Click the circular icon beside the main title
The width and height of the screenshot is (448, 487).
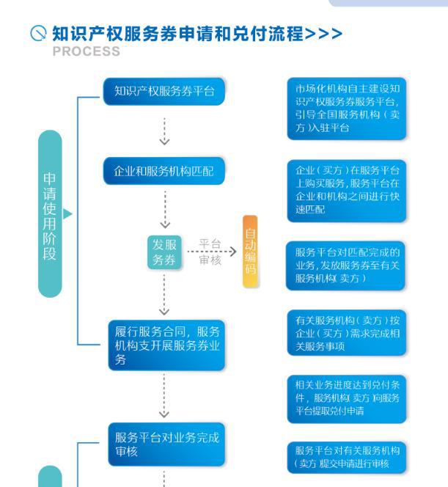38,33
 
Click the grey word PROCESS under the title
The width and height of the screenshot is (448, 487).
87,51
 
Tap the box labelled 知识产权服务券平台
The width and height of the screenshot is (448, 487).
164,91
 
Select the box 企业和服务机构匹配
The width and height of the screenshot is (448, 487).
164,171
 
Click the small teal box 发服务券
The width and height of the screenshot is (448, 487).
164,252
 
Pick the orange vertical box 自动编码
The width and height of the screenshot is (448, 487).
250,251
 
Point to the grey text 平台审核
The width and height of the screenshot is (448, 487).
210,252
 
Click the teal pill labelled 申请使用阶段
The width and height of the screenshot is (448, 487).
50,213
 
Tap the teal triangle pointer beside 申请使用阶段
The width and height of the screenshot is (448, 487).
67,213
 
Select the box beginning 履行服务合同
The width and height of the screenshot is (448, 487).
166,345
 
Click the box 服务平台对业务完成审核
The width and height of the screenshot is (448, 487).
166,444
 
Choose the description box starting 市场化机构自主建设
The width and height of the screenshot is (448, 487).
347,109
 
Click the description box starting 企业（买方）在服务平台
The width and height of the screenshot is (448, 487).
347,191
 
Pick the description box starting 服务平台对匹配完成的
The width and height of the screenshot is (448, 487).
345,266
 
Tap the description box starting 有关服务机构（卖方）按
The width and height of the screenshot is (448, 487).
347,333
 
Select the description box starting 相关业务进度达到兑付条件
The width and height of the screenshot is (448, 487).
347,399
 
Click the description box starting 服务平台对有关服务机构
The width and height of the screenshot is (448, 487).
347,458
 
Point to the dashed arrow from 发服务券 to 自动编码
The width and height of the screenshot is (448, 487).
212,252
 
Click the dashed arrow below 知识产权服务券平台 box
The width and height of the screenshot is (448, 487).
164,131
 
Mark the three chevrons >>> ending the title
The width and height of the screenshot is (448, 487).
323,34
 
